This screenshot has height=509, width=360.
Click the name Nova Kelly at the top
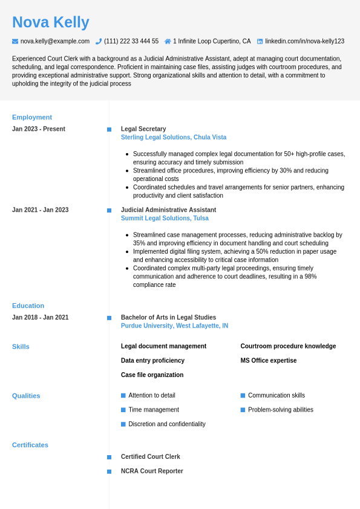click(51, 22)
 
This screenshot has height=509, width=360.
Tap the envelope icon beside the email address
click(15, 41)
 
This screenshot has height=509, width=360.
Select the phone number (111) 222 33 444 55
click(131, 41)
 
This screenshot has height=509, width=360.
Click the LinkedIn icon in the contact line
click(260, 41)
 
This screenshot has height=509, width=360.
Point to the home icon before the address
click(168, 41)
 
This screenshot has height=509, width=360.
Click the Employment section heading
click(32, 117)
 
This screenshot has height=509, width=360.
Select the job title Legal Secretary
click(143, 129)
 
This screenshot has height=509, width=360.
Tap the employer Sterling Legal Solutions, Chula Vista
click(174, 137)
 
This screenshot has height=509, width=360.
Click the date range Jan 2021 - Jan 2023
click(40, 210)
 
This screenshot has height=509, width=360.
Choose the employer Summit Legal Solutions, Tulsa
click(165, 218)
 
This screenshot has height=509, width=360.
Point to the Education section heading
click(28, 306)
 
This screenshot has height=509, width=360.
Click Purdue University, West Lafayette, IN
click(174, 326)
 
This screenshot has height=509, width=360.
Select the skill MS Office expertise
click(269, 361)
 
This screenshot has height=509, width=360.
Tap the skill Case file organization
click(152, 375)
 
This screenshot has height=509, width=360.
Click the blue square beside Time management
click(123, 410)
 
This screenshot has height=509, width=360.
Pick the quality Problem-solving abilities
click(280, 410)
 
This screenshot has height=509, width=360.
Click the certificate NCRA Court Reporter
click(152, 471)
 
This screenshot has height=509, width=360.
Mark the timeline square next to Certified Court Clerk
click(109, 457)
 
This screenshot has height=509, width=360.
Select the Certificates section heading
click(30, 445)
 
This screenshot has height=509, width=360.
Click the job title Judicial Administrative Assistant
click(168, 210)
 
